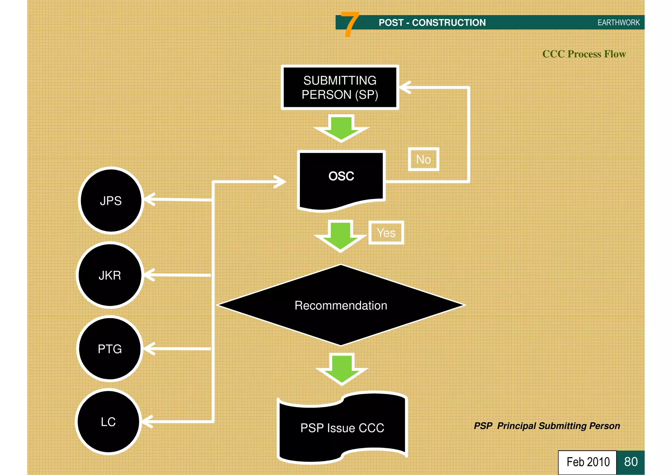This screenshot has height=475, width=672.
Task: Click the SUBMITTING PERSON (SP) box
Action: click(340, 87)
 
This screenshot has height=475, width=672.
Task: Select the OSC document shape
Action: click(341, 179)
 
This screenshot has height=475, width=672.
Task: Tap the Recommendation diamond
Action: click(341, 305)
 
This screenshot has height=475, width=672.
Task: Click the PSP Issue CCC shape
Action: click(342, 427)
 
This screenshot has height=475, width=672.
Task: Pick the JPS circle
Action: click(111, 200)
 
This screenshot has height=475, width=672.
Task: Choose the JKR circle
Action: click(110, 275)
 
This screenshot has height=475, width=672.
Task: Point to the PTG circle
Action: click(110, 349)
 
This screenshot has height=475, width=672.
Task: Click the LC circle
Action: click(108, 422)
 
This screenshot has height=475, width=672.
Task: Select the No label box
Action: click(423, 159)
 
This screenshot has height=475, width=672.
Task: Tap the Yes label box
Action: click(386, 233)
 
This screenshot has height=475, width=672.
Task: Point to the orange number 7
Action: click(350, 24)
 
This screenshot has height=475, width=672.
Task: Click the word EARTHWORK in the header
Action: click(619, 23)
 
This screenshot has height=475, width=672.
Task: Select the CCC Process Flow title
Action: click(584, 54)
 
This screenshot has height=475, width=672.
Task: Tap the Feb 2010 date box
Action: click(588, 462)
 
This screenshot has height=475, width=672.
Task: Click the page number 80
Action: click(631, 462)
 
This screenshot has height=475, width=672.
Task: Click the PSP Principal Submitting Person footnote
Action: click(547, 426)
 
